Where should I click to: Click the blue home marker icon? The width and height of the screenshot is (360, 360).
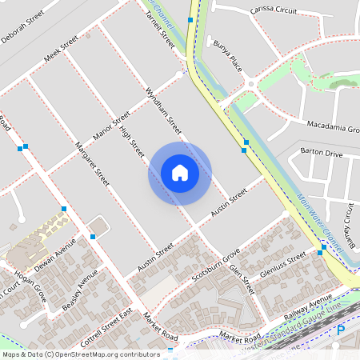(180, 173)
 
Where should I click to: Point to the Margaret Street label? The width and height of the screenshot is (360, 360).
(91, 163)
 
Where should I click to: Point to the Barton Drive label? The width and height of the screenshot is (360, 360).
(321, 152)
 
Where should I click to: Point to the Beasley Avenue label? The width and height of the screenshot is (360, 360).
(79, 289)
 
